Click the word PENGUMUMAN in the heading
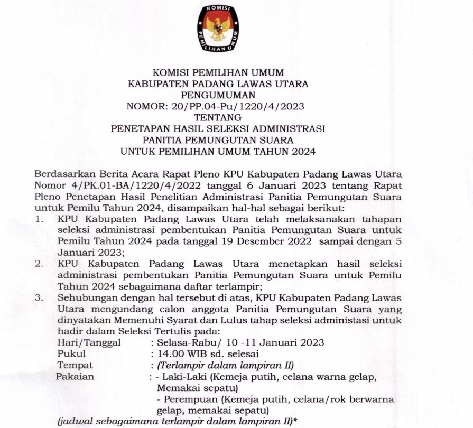[x=218, y=95]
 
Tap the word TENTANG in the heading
[x=218, y=117]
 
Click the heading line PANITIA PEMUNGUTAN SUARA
[x=218, y=140]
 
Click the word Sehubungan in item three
[x=84, y=298]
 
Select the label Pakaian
[x=76, y=377]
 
